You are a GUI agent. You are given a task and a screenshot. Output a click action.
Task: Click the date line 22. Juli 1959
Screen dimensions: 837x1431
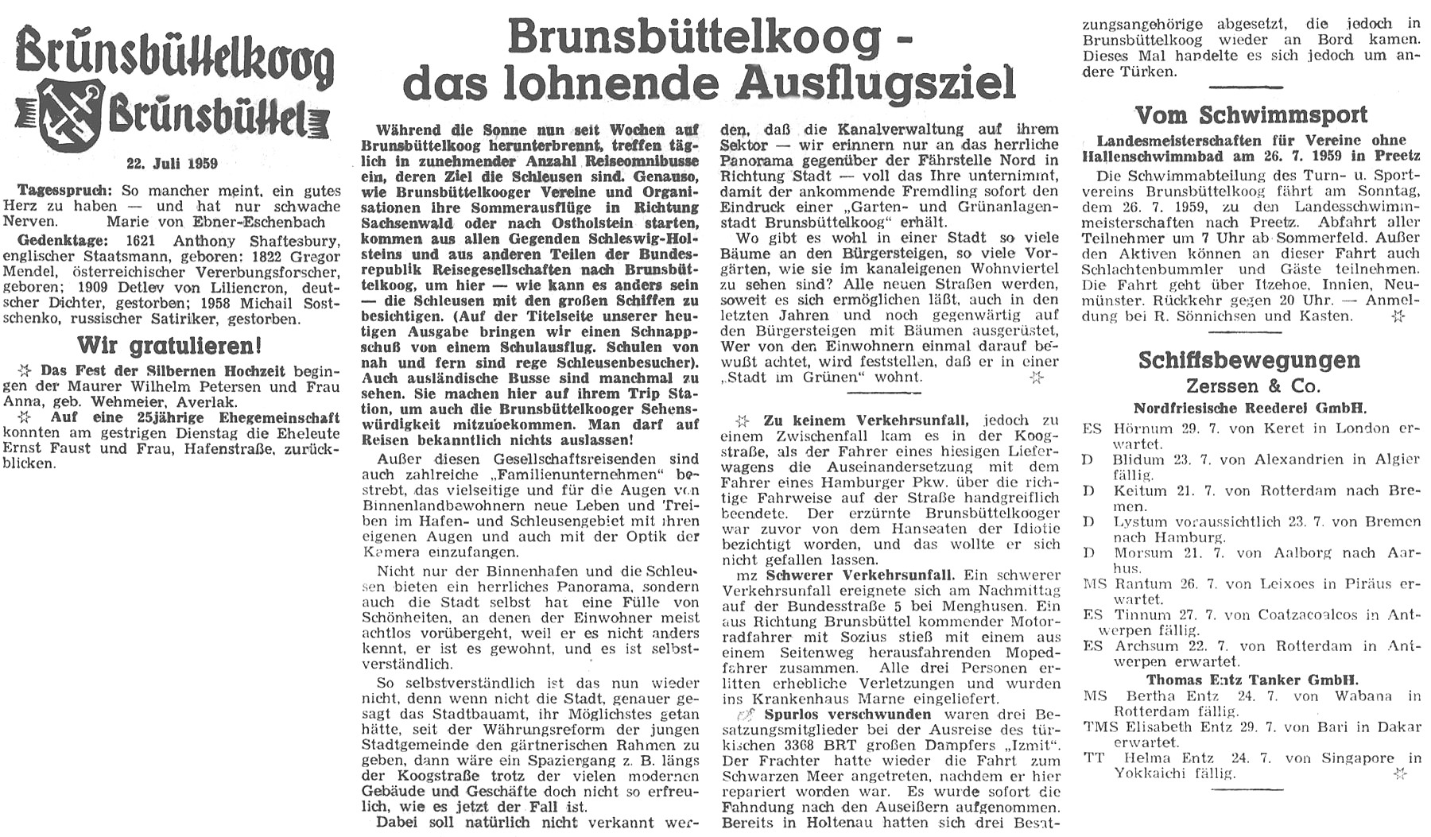click(172, 164)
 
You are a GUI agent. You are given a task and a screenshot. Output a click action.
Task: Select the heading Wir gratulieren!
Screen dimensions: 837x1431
click(169, 347)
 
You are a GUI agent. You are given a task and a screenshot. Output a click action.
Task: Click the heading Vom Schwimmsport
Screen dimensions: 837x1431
click(1251, 115)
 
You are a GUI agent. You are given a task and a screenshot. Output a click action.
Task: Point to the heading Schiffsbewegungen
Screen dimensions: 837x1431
click(1249, 360)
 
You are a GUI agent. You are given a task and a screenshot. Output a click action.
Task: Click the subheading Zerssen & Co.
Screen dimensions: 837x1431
click(1253, 387)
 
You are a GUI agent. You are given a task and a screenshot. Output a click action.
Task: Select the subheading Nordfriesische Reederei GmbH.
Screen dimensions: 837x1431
click(1250, 409)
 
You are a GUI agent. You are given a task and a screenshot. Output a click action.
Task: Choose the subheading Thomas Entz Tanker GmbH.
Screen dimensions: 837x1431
click(1252, 680)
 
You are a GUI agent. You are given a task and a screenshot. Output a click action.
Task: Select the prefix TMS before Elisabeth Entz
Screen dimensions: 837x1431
click(1100, 727)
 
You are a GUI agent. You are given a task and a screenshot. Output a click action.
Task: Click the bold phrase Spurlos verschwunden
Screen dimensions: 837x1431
click(824, 715)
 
